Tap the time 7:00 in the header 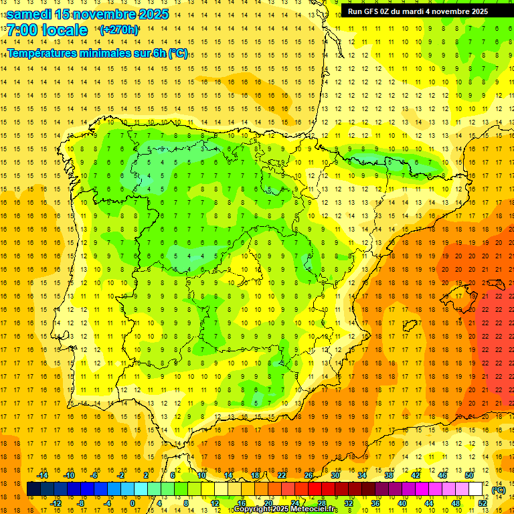(22, 30)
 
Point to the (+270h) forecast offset (118, 30)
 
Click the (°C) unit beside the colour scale (499, 490)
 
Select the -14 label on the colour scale (42, 475)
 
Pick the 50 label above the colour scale (469, 475)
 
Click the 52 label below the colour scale (483, 503)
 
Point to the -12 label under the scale (56, 503)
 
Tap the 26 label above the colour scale (309, 475)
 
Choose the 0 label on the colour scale (133, 503)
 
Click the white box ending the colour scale (475, 489)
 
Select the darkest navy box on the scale (33, 489)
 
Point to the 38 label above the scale (389, 475)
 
